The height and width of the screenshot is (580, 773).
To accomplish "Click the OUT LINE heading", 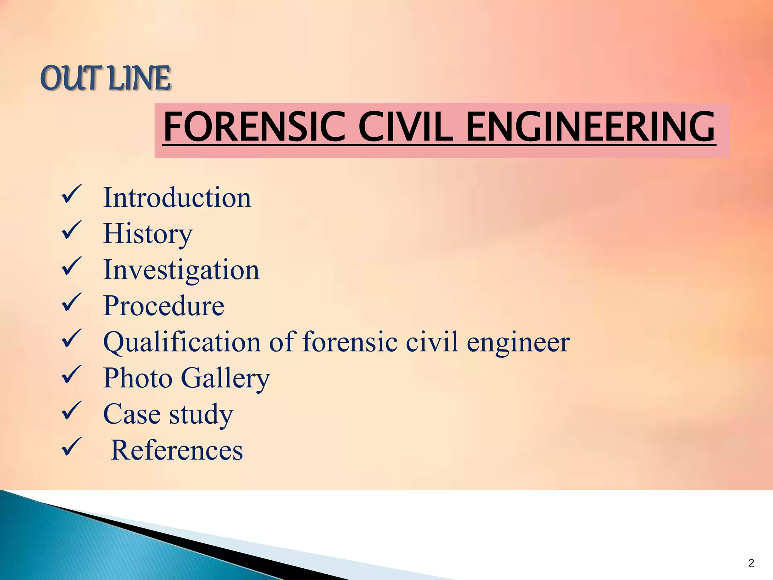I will pos(106,79).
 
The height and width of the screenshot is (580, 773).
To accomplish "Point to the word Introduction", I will pos(177,197).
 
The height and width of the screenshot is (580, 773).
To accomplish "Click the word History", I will pos(148,234).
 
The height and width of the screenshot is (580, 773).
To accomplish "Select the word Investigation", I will pos(181,270).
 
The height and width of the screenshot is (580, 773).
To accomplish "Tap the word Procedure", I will pos(164,305).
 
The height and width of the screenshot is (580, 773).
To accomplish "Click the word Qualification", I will pos(182,342).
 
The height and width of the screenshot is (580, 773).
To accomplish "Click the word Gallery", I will pos(225,378).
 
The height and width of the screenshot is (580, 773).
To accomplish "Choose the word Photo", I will pos(138,378).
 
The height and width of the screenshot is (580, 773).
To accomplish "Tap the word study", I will pos(201,414).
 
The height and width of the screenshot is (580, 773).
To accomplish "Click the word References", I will pos(177,450).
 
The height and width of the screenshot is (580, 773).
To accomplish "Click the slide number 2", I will pos(751,563).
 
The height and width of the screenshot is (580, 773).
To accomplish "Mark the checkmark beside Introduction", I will pos(71,195).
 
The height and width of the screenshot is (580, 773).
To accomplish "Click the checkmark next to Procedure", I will pos(71,302).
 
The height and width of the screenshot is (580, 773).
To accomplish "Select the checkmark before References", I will pos(71,447).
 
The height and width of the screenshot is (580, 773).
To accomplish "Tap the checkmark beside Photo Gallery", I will pos(71,375).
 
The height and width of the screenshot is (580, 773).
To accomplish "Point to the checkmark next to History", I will pos(71,231).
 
